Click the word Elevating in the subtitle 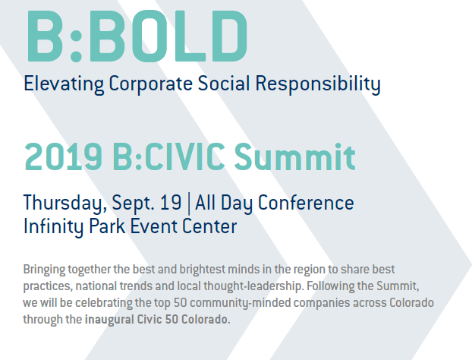(64, 84)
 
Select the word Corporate (150, 84)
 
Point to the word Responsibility (318, 84)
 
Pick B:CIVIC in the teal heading (169, 157)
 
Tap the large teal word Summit (295, 157)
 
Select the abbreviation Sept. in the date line (133, 203)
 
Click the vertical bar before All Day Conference (188, 203)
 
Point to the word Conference (306, 203)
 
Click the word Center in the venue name (209, 226)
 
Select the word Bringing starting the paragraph (44, 270)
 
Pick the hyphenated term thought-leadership (253, 286)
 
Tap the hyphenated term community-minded (241, 303)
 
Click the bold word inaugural (109, 320)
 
